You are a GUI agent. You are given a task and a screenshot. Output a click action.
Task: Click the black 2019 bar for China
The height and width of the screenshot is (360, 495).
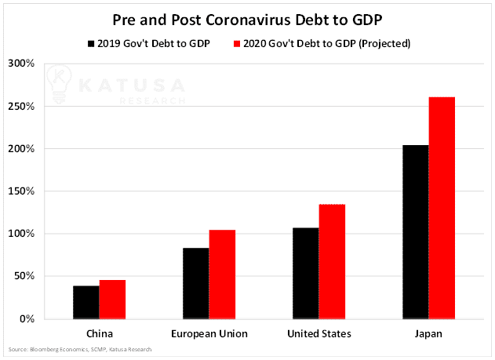[86, 302]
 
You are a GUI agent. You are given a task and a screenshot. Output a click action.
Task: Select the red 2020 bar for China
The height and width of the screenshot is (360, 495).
[112, 300]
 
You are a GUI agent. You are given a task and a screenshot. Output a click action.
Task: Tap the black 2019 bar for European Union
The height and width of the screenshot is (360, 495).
[196, 283]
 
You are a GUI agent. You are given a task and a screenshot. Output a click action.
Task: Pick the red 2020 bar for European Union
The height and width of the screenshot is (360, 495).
[222, 275]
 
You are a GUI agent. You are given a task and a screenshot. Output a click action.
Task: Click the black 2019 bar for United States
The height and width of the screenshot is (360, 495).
[306, 273]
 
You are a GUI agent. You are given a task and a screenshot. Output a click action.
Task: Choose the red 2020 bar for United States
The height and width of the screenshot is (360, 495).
[332, 261]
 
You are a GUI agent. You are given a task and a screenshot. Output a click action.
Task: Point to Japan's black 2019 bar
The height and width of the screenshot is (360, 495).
[416, 232]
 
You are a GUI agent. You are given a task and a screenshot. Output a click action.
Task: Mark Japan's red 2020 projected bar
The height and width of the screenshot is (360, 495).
[442, 208]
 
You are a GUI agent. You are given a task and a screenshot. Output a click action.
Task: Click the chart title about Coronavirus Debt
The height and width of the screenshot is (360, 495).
[248, 20]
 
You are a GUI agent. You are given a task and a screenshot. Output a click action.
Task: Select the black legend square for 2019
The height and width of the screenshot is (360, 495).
[91, 44]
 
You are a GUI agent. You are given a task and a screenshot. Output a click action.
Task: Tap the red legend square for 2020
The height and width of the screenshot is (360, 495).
[237, 44]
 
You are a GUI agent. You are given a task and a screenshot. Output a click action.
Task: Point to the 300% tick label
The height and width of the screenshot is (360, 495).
[21, 63]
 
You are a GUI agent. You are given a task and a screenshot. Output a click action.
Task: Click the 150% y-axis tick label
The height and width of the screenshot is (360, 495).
[21, 191]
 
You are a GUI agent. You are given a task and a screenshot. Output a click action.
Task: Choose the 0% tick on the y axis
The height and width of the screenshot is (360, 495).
[27, 318]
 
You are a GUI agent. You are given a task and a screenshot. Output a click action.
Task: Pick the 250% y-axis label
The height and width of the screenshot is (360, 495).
[21, 106]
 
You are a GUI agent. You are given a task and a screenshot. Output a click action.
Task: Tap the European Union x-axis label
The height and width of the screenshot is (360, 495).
[209, 334]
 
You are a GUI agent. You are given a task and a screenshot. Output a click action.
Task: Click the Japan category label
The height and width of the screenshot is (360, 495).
[428, 334]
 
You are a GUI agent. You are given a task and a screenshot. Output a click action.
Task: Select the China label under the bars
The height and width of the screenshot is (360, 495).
[100, 334]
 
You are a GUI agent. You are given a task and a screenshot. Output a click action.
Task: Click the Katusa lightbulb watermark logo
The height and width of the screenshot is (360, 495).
[59, 84]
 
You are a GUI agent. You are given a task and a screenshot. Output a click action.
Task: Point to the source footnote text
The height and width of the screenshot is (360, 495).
[80, 349]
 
